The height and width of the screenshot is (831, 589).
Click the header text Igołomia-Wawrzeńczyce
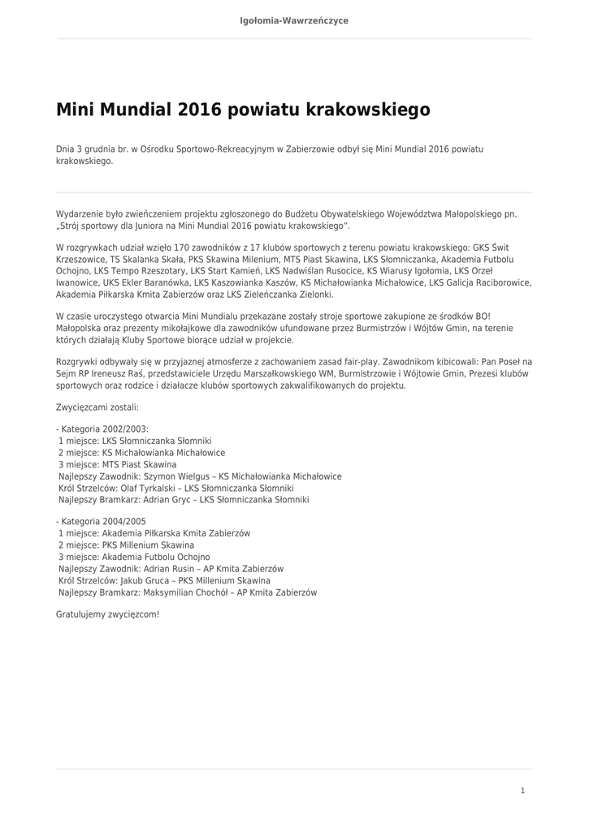(x=294, y=20)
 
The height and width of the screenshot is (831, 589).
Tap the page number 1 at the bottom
(x=522, y=790)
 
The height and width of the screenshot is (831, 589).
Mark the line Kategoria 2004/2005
(x=104, y=522)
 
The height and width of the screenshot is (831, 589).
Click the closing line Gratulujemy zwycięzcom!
(x=107, y=614)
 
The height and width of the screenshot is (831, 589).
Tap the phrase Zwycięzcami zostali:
(x=97, y=407)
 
